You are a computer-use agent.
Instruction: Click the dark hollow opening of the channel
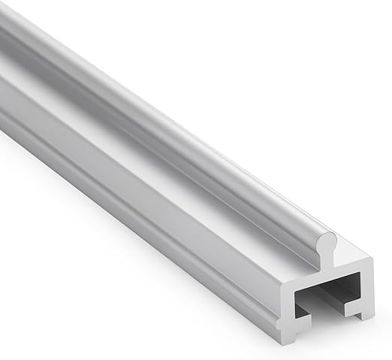point(330,292)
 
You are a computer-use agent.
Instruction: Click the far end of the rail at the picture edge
point(6,45)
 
